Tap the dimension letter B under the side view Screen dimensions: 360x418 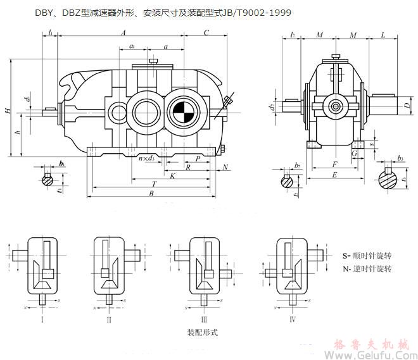click(151, 194)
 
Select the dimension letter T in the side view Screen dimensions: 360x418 click(154, 183)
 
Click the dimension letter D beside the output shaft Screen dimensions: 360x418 click(406, 106)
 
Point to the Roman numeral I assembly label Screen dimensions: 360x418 click(42, 320)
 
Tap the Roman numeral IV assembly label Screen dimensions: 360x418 click(292, 320)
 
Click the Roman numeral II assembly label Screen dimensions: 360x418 click(109, 320)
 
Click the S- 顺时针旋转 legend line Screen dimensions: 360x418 click(367, 256)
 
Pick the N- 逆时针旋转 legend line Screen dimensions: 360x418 click(367, 269)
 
